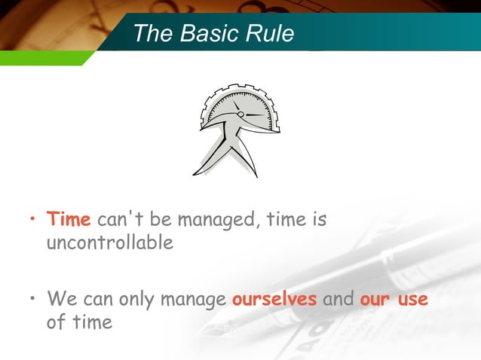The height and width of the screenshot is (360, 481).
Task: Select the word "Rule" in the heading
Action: pos(268,33)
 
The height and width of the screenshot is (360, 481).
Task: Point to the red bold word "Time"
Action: pos(69,219)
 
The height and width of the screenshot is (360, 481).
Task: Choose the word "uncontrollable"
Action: pos(110,243)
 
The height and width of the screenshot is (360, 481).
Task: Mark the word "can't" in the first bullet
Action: pos(118,219)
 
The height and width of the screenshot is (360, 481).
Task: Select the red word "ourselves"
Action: pos(274,299)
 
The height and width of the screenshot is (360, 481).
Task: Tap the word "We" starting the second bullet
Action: pos(60,299)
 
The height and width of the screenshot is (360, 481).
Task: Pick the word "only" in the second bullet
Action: pos(136,299)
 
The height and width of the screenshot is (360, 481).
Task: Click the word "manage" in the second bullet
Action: pos(193,299)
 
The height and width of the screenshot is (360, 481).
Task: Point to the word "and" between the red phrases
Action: pos(338,299)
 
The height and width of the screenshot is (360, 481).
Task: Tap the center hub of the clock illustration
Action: pos(240,114)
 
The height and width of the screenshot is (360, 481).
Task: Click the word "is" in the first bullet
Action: pos(319,219)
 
